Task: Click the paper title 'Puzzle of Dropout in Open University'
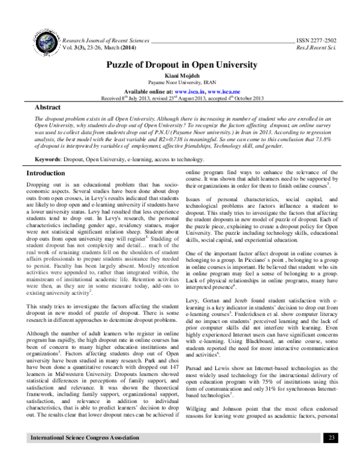179,64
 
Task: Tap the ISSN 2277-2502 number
317,38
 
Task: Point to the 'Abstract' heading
37,106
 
